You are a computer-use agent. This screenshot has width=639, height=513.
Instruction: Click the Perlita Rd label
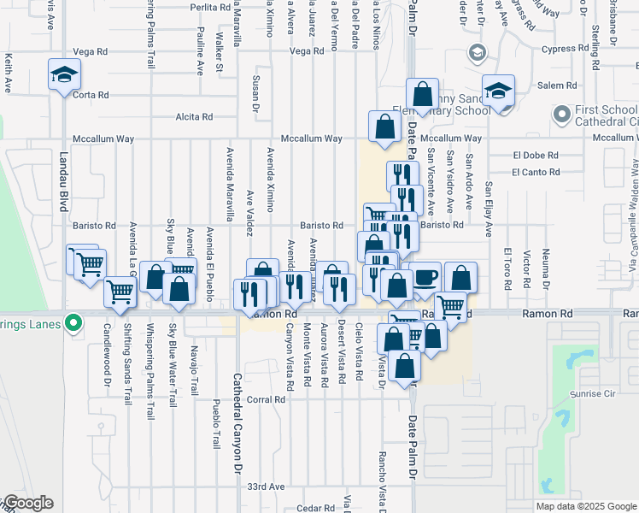211,7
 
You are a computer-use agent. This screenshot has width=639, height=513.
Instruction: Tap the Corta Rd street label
91,95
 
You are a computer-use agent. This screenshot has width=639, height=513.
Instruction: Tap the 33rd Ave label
265,486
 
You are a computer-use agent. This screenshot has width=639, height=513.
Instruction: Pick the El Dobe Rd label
536,156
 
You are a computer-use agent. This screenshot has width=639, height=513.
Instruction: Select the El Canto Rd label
536,172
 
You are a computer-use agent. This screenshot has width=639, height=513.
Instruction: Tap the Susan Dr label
255,94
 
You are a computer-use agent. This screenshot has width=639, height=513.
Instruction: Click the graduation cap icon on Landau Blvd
64,75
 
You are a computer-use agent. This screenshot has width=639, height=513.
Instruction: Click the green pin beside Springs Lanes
74,323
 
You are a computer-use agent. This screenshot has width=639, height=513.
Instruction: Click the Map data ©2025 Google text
585,506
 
